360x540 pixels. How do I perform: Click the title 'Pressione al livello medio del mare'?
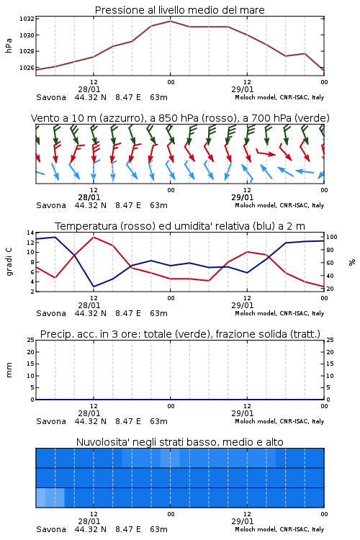(179, 10)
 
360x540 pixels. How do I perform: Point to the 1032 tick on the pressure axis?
(27, 19)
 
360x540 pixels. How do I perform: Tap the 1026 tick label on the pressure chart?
(27, 68)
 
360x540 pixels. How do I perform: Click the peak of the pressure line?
(170, 21)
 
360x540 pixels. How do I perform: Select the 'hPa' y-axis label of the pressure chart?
(9, 45)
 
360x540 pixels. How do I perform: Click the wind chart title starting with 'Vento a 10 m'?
(180, 118)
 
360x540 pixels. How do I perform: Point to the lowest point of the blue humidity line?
(94, 287)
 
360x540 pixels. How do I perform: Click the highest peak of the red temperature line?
(94, 237)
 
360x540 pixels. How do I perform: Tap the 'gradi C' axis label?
(9, 262)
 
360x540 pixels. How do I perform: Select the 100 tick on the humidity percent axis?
(332, 237)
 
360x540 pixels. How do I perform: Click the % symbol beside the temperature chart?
(352, 262)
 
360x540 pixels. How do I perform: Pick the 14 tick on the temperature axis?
(30, 233)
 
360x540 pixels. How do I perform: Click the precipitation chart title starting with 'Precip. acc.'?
(180, 334)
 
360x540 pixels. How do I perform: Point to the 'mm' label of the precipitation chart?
(9, 370)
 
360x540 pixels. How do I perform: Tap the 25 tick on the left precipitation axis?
(30, 341)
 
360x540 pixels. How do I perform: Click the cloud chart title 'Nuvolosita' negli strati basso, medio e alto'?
(179, 442)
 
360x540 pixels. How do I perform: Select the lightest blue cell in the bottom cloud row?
(40, 498)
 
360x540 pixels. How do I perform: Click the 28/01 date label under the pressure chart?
(89, 89)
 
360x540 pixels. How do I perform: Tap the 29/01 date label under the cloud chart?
(243, 521)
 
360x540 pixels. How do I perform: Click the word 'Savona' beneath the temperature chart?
(51, 313)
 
